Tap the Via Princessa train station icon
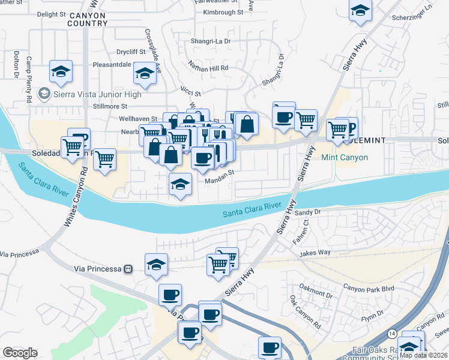pos(128,269)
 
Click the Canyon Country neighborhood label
pos(87,19)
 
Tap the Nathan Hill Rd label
pos(208,68)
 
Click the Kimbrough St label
pos(223,11)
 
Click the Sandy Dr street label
pos(309,212)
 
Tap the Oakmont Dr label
pos(317,295)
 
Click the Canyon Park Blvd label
pos(369,289)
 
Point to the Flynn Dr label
pos(372,314)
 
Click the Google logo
pos(20,352)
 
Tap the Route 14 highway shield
pos(391,333)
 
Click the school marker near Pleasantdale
pos(144,74)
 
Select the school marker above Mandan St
pos(180,185)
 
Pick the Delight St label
pos(51,14)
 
